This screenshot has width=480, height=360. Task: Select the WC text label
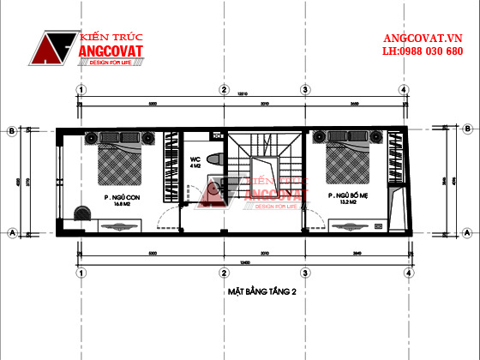(x=195, y=159)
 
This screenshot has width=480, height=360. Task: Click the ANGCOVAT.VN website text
(x=422, y=39)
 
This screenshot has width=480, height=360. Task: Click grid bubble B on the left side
(x=11, y=132)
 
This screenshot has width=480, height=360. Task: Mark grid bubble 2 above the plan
(x=223, y=88)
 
